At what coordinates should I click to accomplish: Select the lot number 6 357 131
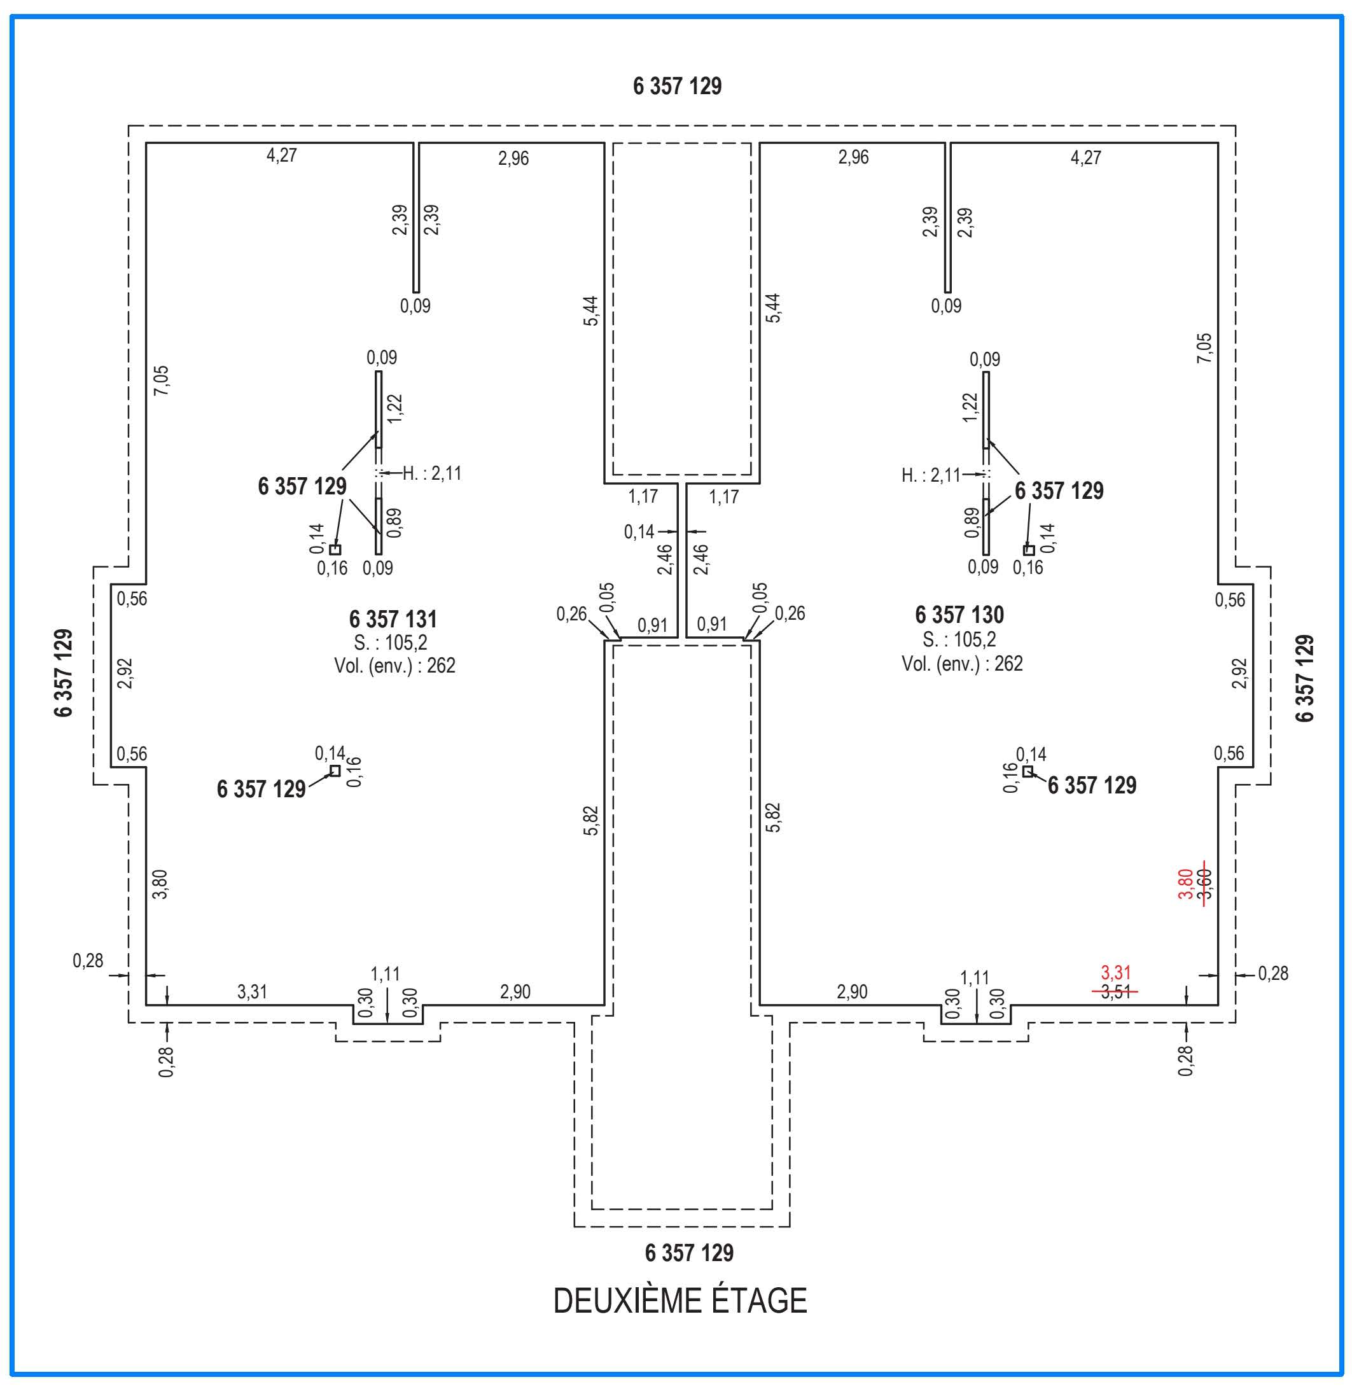coord(393,619)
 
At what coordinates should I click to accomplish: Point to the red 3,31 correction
coord(1115,972)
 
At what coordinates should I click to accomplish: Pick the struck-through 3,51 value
coord(1115,992)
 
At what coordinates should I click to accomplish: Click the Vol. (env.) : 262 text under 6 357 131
coord(395,666)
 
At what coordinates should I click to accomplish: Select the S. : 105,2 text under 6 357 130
coord(959,639)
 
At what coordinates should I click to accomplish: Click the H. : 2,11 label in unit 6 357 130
coord(931,475)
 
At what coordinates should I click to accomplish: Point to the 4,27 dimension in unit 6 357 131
coord(282,155)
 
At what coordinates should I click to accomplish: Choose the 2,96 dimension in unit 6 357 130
coord(853,157)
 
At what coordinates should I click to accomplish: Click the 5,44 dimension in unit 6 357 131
coord(591,311)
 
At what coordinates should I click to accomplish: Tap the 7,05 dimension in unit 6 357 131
coord(161,380)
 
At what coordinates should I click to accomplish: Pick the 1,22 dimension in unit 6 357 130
coord(970,408)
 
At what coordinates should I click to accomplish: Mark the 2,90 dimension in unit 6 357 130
coord(851,992)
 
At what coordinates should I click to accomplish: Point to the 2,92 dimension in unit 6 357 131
coord(126,673)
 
